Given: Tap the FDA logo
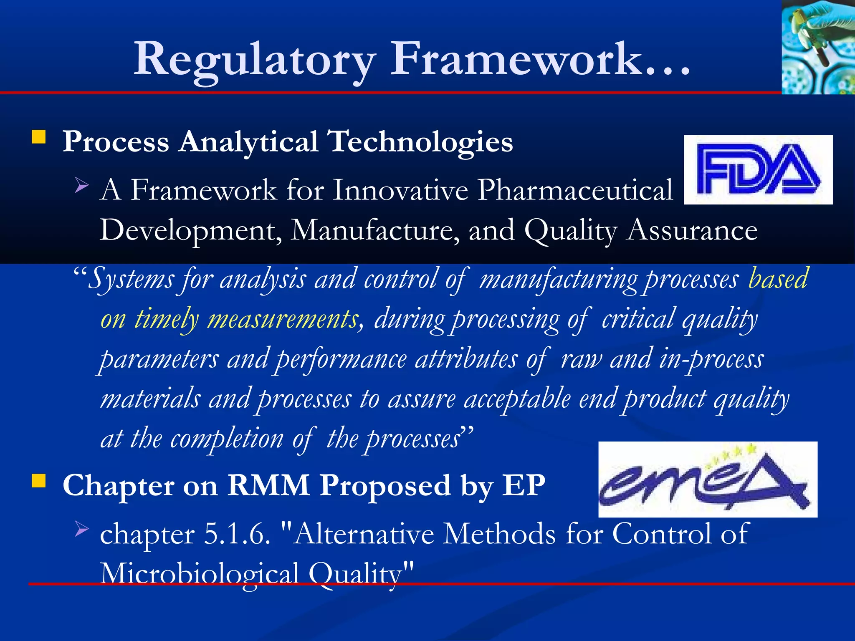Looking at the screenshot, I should click(758, 169).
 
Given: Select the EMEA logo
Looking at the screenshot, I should click(708, 479).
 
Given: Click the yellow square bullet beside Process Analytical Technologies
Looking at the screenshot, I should click(39, 137).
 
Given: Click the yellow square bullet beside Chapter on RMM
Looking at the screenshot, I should click(39, 481).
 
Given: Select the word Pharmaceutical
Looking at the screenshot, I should click(575, 190).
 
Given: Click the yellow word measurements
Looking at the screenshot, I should click(283, 319).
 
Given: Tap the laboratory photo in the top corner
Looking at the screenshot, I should click(818, 47).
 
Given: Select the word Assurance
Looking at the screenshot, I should click(692, 230).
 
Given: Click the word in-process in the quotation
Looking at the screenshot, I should click(711, 359).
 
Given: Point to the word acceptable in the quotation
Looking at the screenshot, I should click(517, 399).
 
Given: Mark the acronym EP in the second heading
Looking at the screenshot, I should click(524, 486).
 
